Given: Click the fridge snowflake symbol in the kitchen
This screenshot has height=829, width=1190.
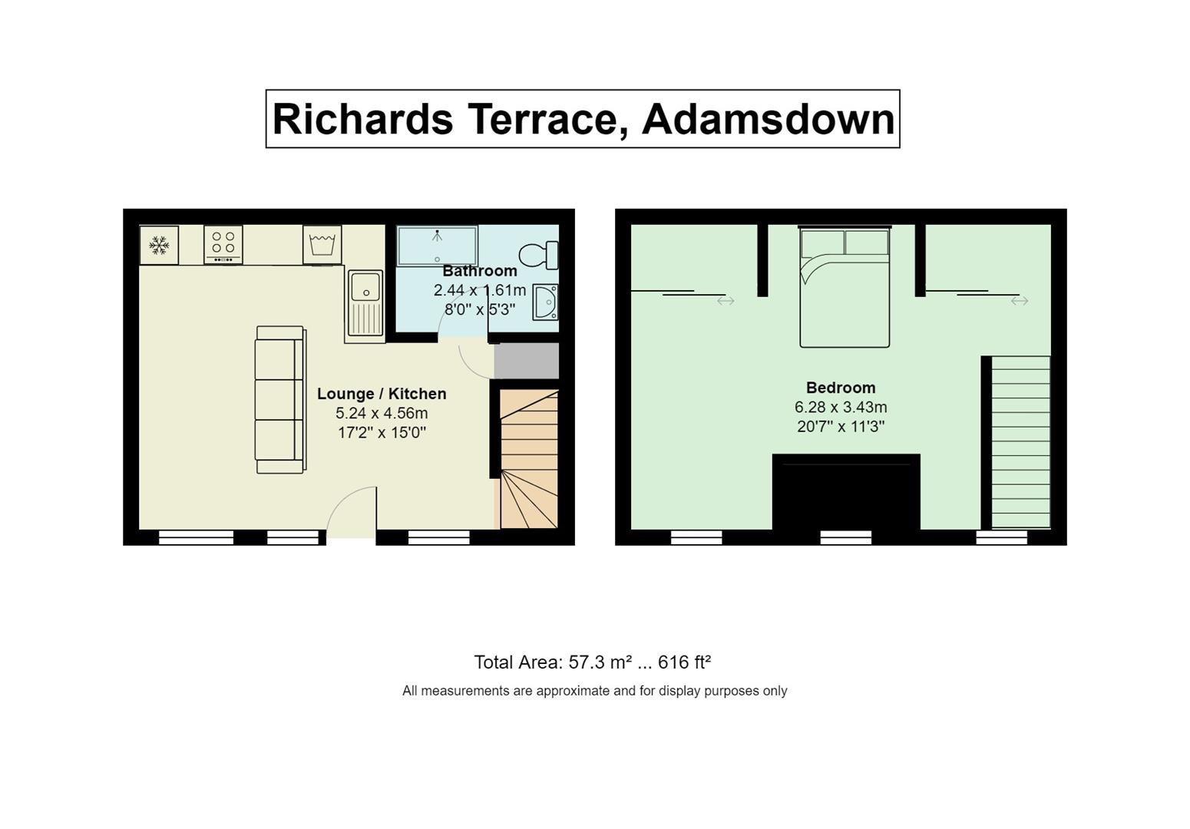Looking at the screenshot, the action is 159,245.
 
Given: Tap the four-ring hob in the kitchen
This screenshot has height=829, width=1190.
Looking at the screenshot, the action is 223,244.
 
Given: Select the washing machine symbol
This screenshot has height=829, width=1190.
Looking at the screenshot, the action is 322,245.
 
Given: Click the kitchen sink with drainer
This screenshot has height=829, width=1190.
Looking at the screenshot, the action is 365,303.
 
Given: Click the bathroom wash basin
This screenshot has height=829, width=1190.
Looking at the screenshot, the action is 546,302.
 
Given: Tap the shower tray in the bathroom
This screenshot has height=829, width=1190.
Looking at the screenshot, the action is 437,246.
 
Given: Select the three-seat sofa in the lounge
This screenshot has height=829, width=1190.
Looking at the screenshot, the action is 280,399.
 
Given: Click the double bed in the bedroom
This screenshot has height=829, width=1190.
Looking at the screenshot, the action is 845,287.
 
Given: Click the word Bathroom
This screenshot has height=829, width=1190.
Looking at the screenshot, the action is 480,271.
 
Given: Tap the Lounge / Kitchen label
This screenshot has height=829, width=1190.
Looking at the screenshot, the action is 382,394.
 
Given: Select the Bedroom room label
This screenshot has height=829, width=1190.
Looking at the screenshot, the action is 841,387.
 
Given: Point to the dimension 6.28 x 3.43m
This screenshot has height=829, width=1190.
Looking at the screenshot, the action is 841,407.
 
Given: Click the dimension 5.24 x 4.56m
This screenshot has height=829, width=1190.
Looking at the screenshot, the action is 382,413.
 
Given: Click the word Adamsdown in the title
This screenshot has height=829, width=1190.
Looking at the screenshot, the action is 769,119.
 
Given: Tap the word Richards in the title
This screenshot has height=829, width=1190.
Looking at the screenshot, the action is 363,119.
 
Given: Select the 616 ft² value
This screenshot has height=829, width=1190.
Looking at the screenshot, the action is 684,662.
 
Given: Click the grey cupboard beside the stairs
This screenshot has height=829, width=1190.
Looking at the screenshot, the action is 527,361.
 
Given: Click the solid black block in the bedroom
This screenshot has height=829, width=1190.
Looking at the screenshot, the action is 846,492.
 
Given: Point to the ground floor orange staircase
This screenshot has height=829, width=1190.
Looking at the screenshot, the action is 529,459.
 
